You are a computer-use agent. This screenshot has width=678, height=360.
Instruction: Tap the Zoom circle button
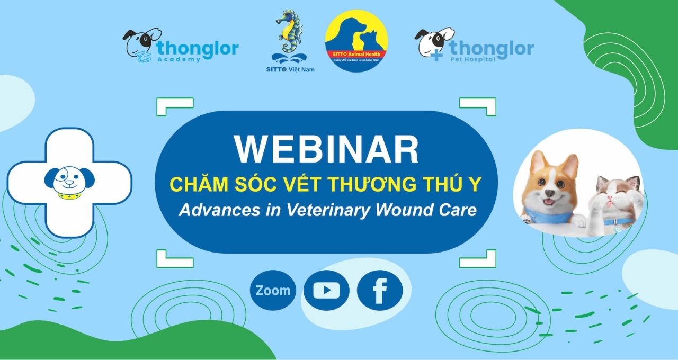(273, 290)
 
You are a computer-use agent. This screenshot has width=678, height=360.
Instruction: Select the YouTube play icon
(326, 290)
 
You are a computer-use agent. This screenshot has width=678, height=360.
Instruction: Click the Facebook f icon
(379, 291)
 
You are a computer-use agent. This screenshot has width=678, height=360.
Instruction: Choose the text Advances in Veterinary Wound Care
(327, 210)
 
